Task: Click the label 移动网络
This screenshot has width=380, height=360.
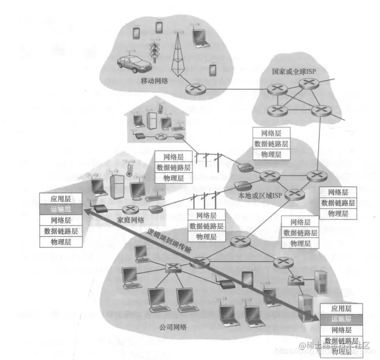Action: pyautogui.click(x=155, y=80)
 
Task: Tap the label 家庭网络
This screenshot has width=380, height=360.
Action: pyautogui.click(x=130, y=220)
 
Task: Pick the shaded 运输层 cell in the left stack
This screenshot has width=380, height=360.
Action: pyautogui.click(x=61, y=209)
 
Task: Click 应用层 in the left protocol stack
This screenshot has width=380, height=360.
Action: pyautogui.click(x=61, y=199)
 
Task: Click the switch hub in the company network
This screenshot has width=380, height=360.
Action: pyautogui.click(x=173, y=267)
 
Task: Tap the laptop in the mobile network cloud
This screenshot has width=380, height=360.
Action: pyautogui.click(x=198, y=36)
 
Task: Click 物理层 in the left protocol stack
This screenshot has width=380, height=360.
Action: pyautogui.click(x=61, y=241)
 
